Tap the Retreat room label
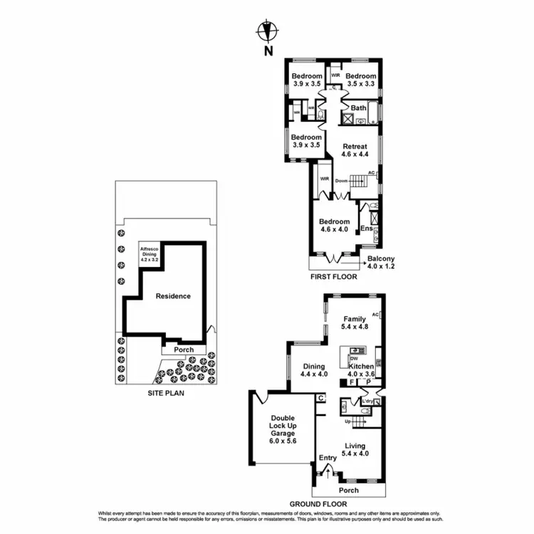pos(354,150)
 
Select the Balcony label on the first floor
pos(381,262)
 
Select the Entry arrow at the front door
pos(328,468)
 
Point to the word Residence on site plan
pos(174,296)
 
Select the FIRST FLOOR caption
pos(334,276)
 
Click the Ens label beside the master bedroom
pos(366,229)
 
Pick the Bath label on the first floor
pos(359,108)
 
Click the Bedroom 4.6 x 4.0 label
pos(335,226)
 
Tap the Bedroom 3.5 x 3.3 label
pos(361,80)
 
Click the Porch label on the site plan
pos(184,350)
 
